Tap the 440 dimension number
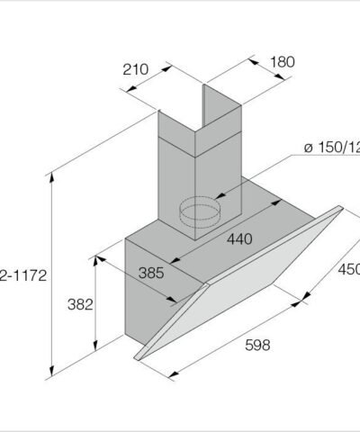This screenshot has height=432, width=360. [x=238, y=238]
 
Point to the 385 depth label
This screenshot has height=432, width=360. [x=152, y=272]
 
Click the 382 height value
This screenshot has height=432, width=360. [x=80, y=304]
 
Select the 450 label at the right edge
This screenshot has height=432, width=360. [x=348, y=269]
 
